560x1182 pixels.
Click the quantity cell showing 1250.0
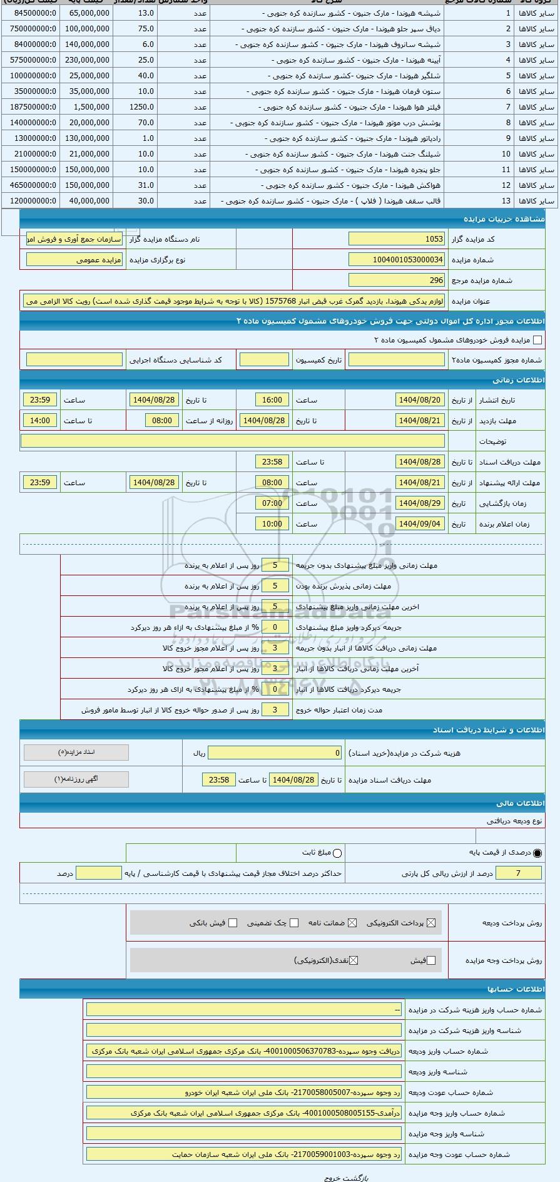pyautogui.click(x=141, y=107)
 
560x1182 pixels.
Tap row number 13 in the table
pyautogui.click(x=506, y=201)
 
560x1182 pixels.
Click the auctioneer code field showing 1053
pyautogui.click(x=397, y=239)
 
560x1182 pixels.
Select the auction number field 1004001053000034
pyautogui.click(x=397, y=260)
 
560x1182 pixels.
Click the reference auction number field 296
pyautogui.click(x=397, y=280)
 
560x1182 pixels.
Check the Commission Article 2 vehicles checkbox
pyautogui.click(x=537, y=340)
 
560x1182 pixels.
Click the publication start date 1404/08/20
pyautogui.click(x=420, y=400)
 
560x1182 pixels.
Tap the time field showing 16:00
pyautogui.click(x=272, y=400)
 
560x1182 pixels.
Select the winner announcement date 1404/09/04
pyautogui.click(x=420, y=524)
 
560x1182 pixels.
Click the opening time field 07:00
pyautogui.click(x=272, y=503)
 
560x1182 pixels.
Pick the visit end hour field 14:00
pyautogui.click(x=40, y=421)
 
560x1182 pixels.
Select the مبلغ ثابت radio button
pyautogui.click(x=337, y=853)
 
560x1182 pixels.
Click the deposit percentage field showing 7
pyautogui.click(x=518, y=873)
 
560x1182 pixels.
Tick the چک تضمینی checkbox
pyautogui.click(x=294, y=923)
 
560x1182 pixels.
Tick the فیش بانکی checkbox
pyautogui.click(x=233, y=923)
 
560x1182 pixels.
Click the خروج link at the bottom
pyautogui.click(x=332, y=1177)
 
